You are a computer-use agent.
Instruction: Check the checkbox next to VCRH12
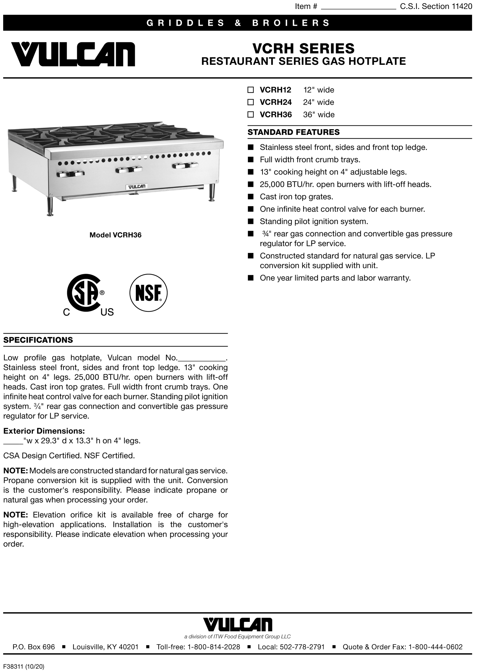(251, 90)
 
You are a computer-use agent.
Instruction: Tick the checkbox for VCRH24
(251, 102)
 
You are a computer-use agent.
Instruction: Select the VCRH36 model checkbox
(251, 115)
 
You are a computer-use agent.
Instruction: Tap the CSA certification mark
(85, 294)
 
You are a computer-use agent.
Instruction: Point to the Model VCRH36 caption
(115, 235)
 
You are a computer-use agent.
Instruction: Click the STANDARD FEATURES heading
(294, 132)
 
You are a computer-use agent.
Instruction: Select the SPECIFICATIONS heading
(38, 340)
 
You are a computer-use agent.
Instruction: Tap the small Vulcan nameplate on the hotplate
(137, 187)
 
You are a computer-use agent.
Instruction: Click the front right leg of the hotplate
(211, 193)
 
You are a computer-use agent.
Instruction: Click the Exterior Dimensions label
(44, 431)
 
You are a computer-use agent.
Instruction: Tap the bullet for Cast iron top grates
(251, 197)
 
